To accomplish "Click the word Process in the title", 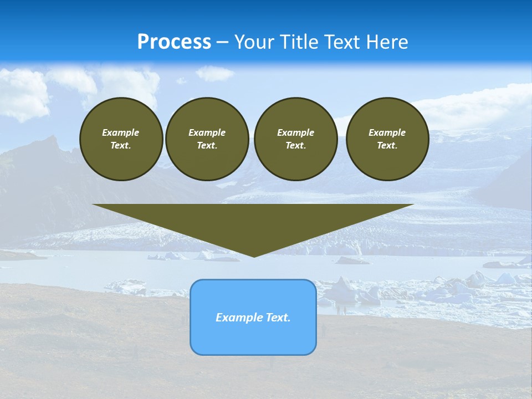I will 174,42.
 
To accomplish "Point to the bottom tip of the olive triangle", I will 254,255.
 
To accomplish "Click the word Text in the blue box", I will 277,318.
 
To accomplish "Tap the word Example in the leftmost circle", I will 121,132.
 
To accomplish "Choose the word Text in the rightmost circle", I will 387,145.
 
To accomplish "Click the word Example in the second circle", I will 207,132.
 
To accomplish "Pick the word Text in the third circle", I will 296,145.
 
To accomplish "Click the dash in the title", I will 223,42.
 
